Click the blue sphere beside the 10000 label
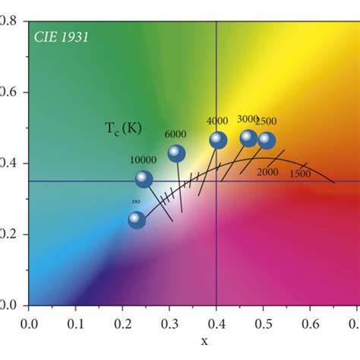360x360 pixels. coord(144,179)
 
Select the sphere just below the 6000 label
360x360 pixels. coord(176,153)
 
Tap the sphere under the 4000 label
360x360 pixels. coord(218,140)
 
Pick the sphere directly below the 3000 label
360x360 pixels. coord(248,137)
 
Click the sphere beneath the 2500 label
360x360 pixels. coord(267,140)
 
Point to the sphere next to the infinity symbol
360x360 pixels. coord(136,220)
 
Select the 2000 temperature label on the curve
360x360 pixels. coord(267,172)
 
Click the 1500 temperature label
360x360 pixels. coord(300,174)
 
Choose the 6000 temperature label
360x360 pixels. coord(176,134)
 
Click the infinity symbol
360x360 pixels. coord(136,201)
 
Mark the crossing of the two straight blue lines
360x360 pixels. coord(217,181)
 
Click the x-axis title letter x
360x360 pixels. coord(204,341)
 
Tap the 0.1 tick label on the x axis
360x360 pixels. coord(76,324)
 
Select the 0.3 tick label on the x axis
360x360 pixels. coord(170,324)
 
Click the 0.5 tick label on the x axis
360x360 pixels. coord(264,324)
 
